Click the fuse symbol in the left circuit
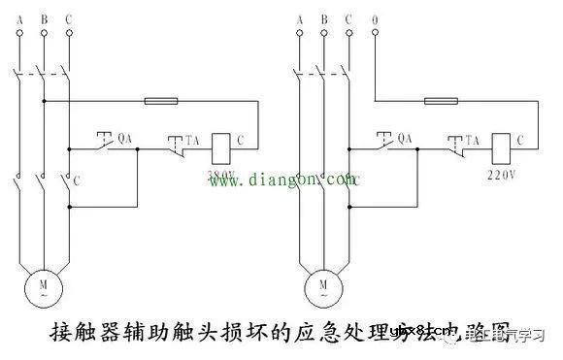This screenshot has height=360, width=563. coord(160,100)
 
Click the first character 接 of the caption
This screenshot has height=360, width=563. coord(59,334)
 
